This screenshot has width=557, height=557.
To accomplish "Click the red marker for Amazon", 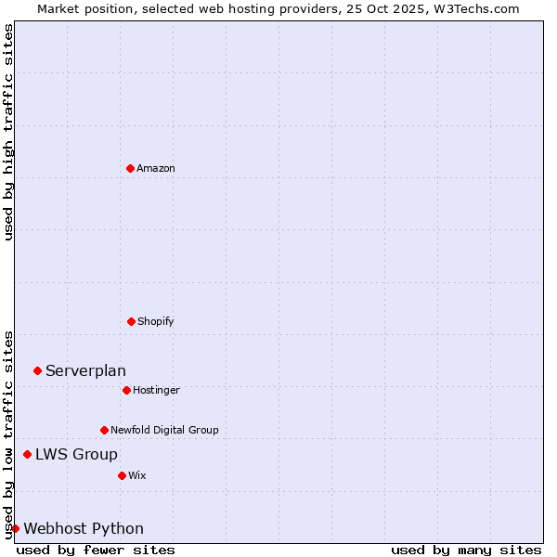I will pos(130,168).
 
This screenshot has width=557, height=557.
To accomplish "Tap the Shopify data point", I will pos(131,321).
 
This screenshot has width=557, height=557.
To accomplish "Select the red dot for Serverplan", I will pos(37,370).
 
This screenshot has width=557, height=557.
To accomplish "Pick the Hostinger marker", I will pos(126,390).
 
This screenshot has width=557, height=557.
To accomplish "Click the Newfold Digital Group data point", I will pos(104,430).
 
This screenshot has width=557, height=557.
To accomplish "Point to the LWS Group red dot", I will pos(27,454).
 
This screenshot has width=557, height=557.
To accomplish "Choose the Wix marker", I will pos(122,475).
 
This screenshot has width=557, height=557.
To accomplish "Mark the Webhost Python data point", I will pos(15,528).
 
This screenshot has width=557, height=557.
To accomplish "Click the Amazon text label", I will pos(156,168).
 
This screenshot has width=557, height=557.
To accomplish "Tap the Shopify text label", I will pos(156,321).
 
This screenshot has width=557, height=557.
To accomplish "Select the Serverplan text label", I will pos(85,371).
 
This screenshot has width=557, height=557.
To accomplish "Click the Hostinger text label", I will pos(156,390).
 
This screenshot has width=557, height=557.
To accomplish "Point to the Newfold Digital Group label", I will pos(164,430).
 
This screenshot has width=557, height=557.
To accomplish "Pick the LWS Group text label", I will pos(76,454).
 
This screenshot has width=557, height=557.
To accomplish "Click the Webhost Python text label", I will pos(84,529).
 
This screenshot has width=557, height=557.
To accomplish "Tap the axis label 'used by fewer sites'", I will pos(96,550).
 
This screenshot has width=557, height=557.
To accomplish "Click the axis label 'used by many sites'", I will pos(466,550).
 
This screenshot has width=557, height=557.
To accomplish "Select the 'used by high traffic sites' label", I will pos(8,132).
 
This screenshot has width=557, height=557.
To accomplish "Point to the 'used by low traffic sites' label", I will pos(8,434).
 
